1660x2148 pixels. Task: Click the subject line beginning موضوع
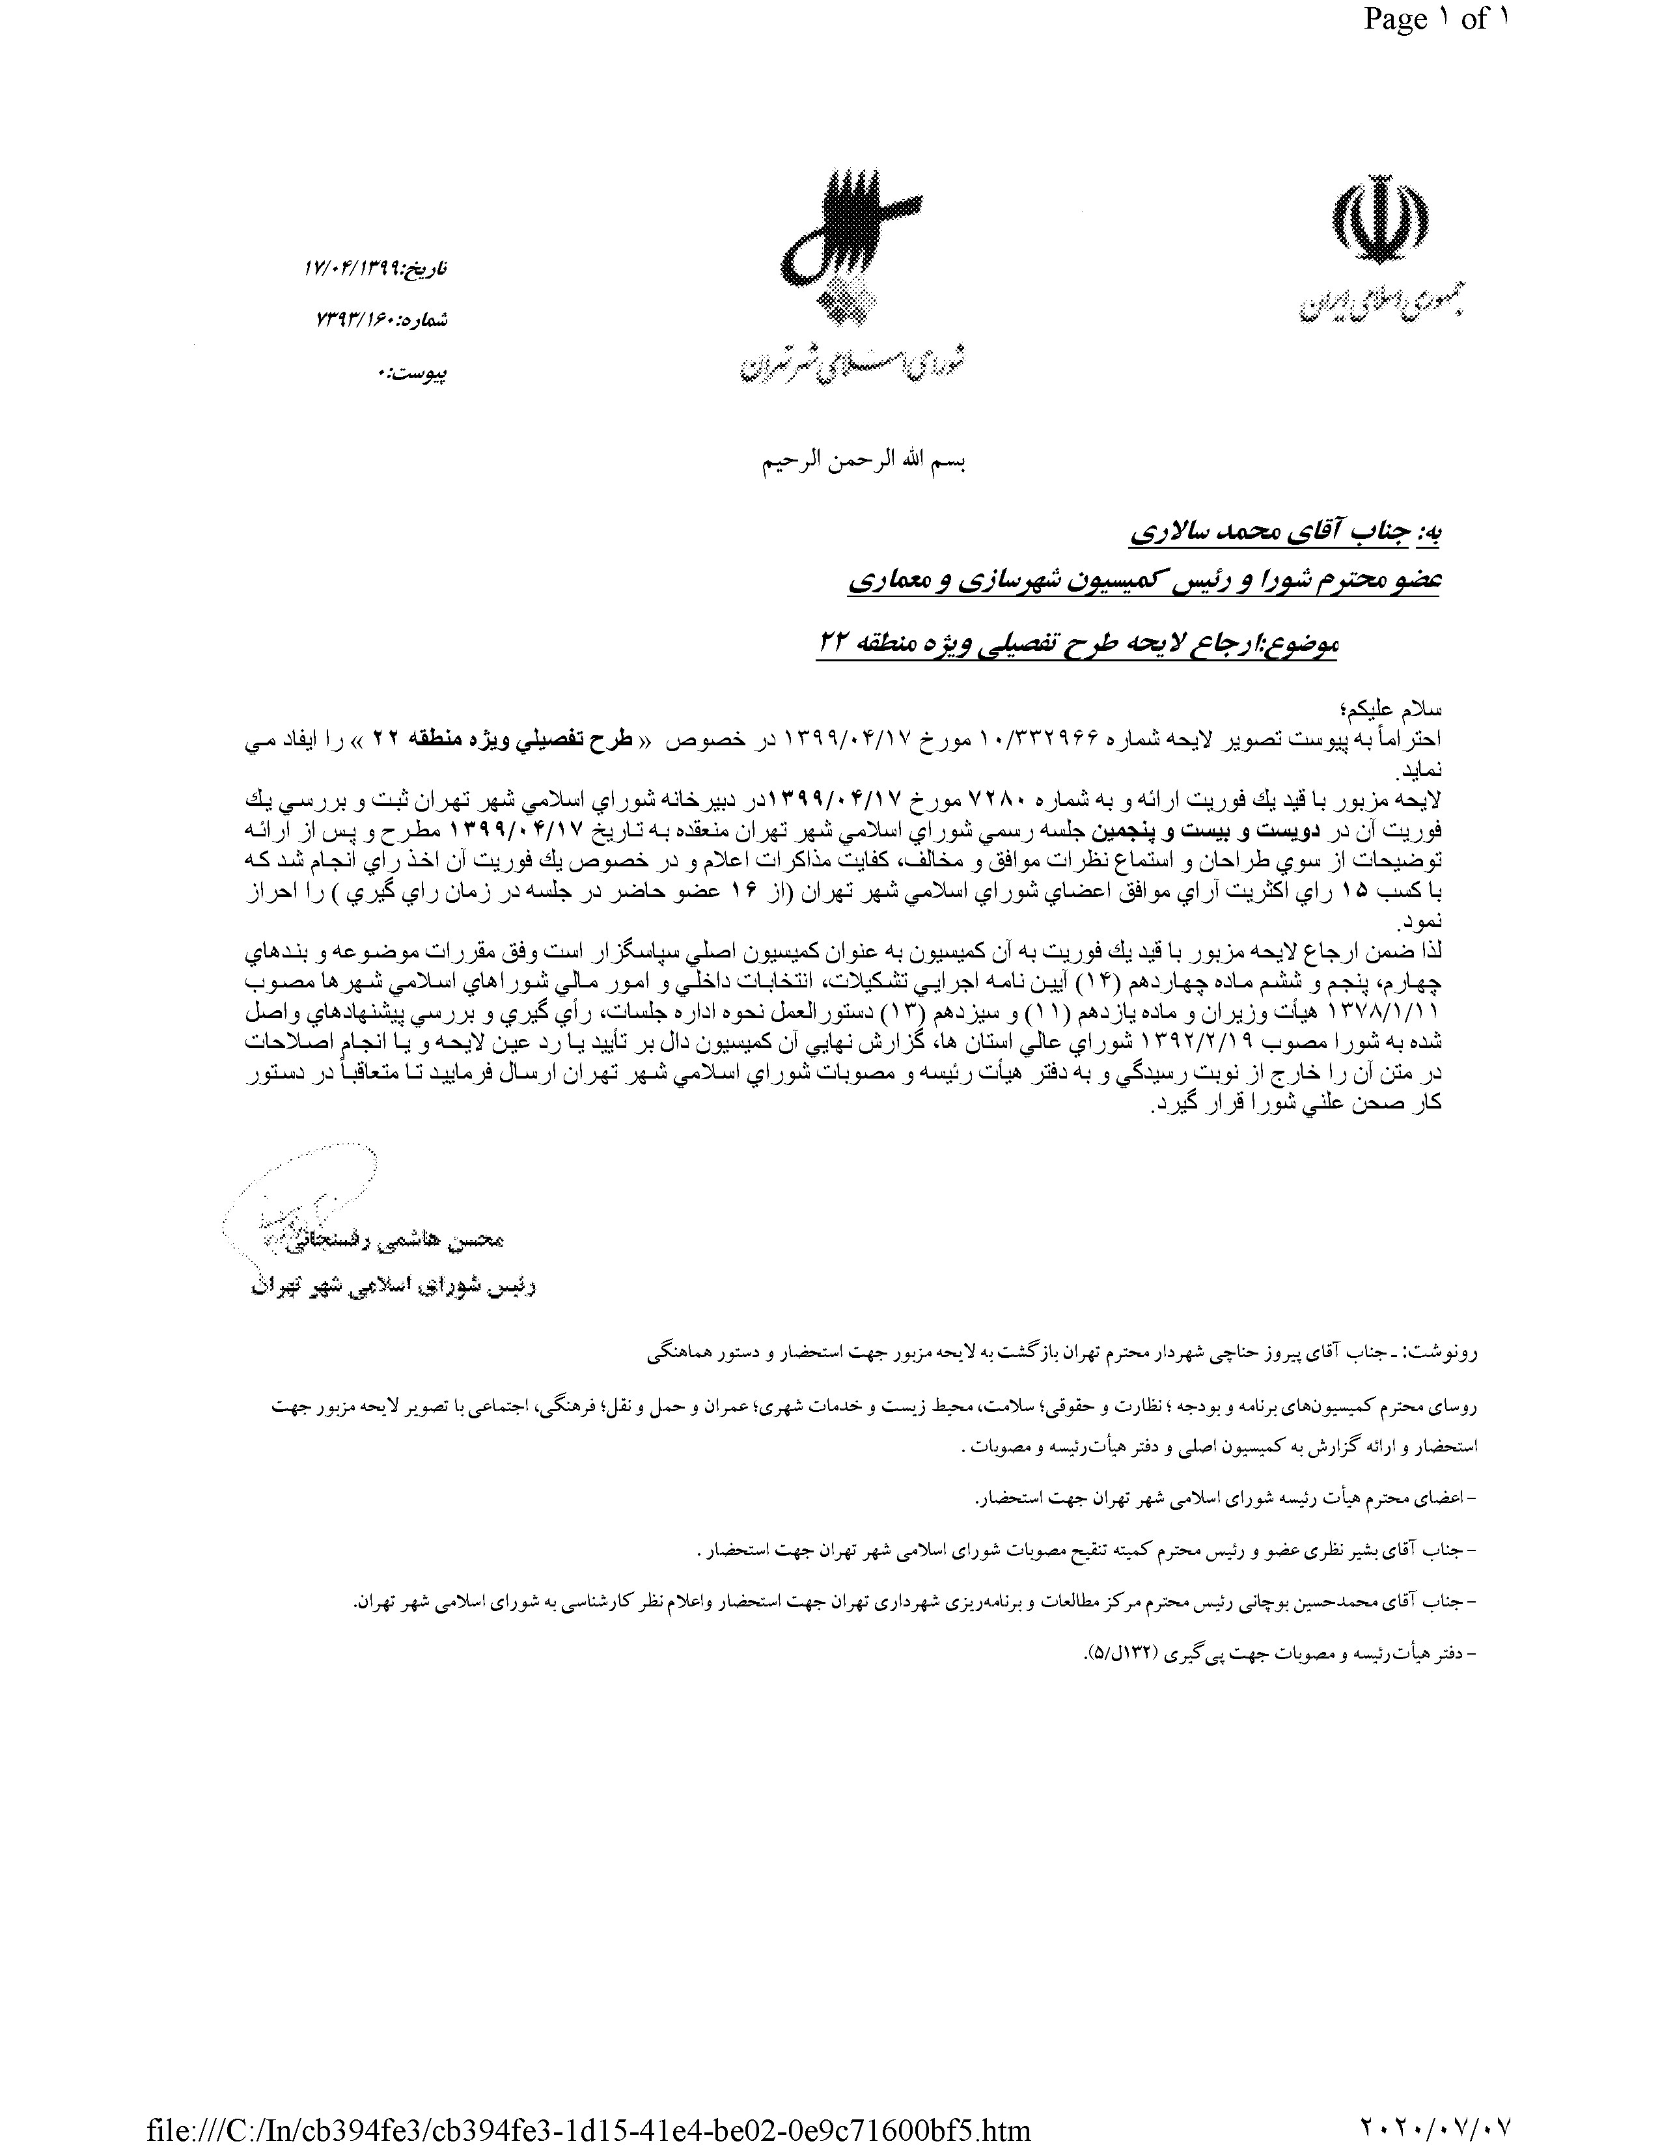tap(1077, 644)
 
